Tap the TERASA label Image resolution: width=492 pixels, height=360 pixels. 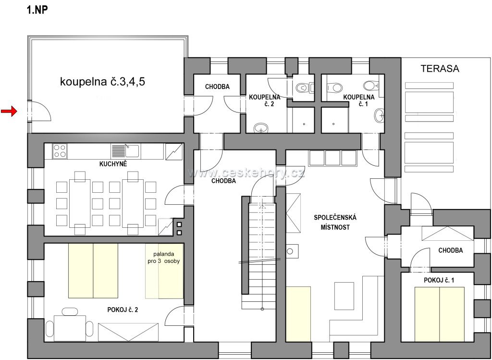(x=440, y=68)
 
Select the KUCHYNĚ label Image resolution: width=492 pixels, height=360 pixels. (x=113, y=164)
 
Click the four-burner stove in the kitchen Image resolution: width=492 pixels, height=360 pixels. (x=60, y=151)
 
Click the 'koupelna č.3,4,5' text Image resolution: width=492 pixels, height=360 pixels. (x=102, y=82)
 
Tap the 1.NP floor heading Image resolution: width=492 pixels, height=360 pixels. (x=37, y=10)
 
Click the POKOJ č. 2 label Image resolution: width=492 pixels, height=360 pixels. (x=123, y=310)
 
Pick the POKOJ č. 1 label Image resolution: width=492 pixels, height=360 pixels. (x=439, y=280)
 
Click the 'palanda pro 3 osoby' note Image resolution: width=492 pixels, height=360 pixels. (x=163, y=258)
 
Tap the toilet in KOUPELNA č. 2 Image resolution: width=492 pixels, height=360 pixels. (x=302, y=87)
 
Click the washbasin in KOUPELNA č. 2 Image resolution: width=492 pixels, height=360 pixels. (x=261, y=128)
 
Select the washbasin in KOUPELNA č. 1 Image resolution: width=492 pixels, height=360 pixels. (x=379, y=115)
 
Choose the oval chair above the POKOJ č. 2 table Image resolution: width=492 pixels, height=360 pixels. (x=70, y=311)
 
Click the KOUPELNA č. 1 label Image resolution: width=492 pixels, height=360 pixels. (x=358, y=100)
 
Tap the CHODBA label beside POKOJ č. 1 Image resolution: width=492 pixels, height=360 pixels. (x=450, y=250)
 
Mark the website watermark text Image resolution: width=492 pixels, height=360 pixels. (x=246, y=173)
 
